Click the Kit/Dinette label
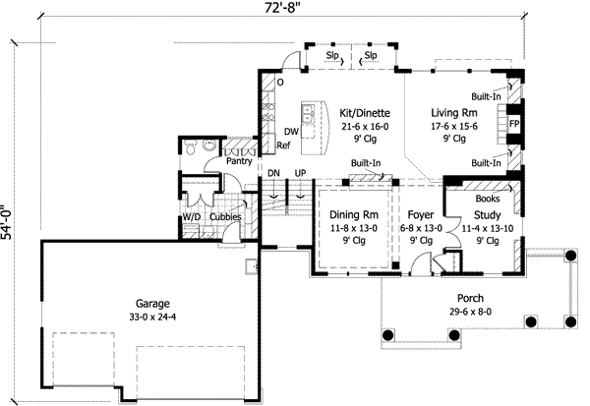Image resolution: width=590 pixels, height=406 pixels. coord(360,113)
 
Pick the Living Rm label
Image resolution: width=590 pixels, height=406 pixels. coord(453,113)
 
